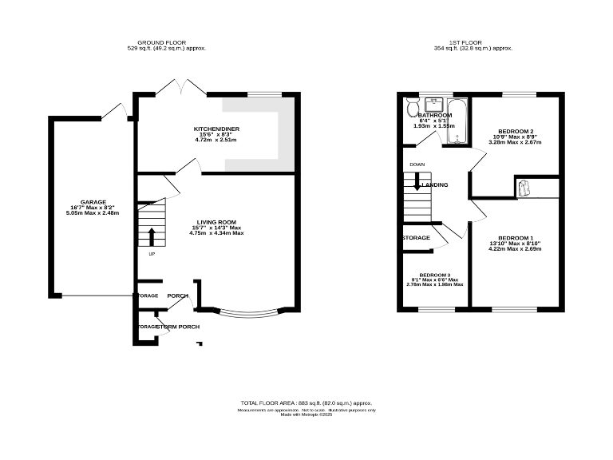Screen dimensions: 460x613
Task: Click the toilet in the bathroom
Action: pos(413,108)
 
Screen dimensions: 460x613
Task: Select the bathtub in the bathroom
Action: pos(458,121)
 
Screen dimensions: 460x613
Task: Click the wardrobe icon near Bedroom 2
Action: pos(525,187)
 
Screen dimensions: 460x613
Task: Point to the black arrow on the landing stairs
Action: pos(416,185)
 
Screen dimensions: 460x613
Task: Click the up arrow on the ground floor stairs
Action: pos(152,236)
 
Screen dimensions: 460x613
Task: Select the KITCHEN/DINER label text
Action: pos(216,129)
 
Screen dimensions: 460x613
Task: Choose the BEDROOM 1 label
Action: pos(515,238)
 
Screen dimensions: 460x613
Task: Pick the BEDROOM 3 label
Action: pos(434,274)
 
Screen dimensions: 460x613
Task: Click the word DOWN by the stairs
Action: pos(417,165)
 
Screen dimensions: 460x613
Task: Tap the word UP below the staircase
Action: pos(152,254)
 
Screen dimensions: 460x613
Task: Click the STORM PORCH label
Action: pos(177,327)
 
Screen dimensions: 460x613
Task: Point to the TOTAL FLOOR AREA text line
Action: pos(306,403)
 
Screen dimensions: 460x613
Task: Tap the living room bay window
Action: pos(249,314)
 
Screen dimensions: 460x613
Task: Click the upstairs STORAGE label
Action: pos(416,238)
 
